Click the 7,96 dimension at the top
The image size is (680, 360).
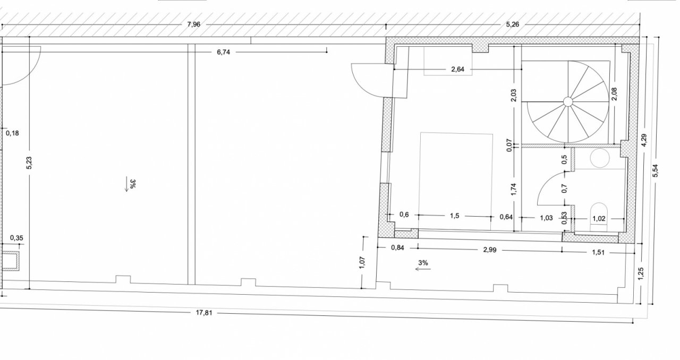click(x=194, y=24)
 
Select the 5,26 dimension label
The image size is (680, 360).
click(x=513, y=24)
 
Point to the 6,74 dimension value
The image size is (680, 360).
click(x=224, y=52)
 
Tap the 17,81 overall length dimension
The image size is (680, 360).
click(x=203, y=313)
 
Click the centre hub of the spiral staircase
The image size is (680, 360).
click(x=568, y=102)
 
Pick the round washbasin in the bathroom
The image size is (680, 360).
click(x=600, y=158)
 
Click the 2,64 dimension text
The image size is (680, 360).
click(x=458, y=69)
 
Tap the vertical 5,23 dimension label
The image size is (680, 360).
click(x=29, y=162)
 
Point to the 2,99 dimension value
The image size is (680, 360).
click(x=490, y=250)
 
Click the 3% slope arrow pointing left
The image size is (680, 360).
click(x=423, y=269)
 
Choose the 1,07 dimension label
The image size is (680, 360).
click(x=362, y=262)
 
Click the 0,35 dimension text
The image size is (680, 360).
click(x=16, y=238)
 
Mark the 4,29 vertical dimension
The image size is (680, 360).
click(x=644, y=140)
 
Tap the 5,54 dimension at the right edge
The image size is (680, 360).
click(x=656, y=170)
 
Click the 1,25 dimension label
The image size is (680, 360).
click(x=641, y=274)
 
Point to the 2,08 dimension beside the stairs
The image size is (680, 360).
click(x=615, y=94)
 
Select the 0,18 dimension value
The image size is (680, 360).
click(x=12, y=133)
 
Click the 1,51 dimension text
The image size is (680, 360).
click(x=598, y=253)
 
